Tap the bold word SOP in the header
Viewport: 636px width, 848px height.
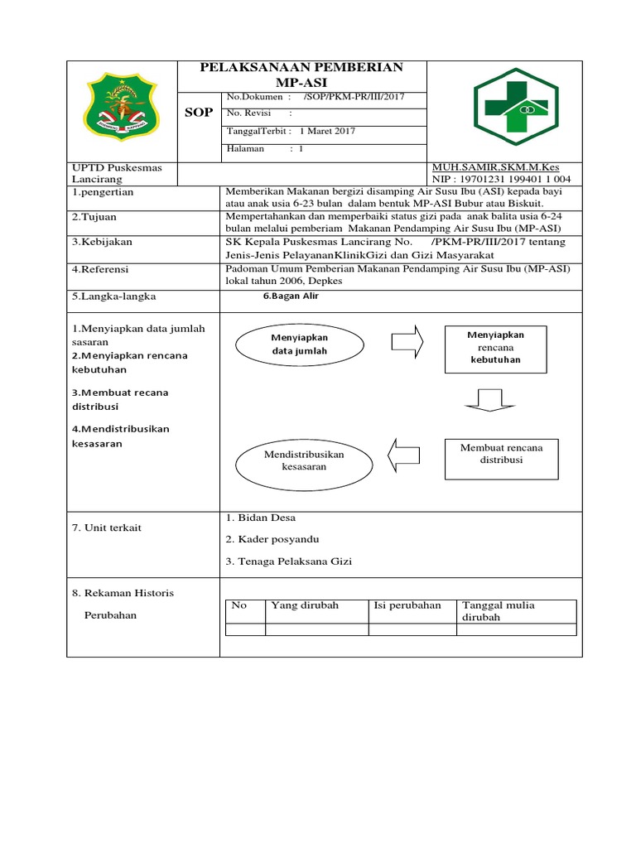(200, 112)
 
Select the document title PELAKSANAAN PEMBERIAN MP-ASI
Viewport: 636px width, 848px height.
(302, 75)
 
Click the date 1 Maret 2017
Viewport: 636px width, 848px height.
(328, 131)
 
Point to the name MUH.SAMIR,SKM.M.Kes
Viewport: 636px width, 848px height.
(495, 167)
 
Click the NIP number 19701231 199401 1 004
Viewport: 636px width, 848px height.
(512, 179)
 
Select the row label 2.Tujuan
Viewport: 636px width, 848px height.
(94, 216)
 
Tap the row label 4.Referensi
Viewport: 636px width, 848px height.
(101, 269)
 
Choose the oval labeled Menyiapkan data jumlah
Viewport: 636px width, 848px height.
(300, 345)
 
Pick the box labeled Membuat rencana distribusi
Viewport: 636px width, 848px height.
(501, 454)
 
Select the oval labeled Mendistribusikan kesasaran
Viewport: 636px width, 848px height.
(303, 460)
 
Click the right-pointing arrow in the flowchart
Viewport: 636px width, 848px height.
(407, 340)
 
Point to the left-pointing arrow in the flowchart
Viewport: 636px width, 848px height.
(405, 452)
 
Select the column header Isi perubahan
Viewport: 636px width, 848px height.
(407, 605)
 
